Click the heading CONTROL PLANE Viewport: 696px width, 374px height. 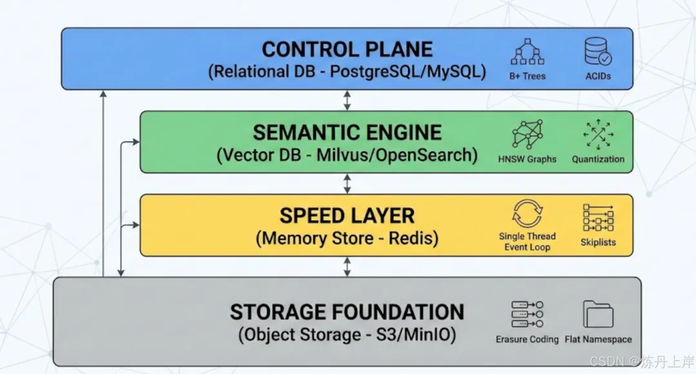[x=347, y=49]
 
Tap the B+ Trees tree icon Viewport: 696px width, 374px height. [x=527, y=52]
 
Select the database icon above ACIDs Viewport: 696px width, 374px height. [x=598, y=51]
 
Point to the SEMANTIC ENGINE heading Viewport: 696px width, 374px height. [x=347, y=133]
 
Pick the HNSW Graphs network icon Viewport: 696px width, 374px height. [x=527, y=135]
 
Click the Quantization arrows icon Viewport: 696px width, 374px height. [x=598, y=135]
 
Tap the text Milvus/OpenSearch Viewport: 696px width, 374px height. [x=397, y=155]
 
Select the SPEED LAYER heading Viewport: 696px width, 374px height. [x=347, y=216]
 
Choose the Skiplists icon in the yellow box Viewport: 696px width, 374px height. [x=598, y=218]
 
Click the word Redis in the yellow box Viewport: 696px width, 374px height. [x=414, y=238]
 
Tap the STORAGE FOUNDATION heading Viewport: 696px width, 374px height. [x=347, y=312]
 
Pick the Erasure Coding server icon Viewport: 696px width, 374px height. [x=527, y=314]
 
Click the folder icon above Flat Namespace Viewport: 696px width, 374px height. [x=598, y=314]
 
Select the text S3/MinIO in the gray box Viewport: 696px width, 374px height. [x=416, y=335]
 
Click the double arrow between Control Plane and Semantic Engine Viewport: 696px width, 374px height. [x=347, y=100]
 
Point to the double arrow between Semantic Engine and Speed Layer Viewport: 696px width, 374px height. [x=347, y=183]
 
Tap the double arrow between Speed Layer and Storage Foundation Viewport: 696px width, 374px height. [x=347, y=266]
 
